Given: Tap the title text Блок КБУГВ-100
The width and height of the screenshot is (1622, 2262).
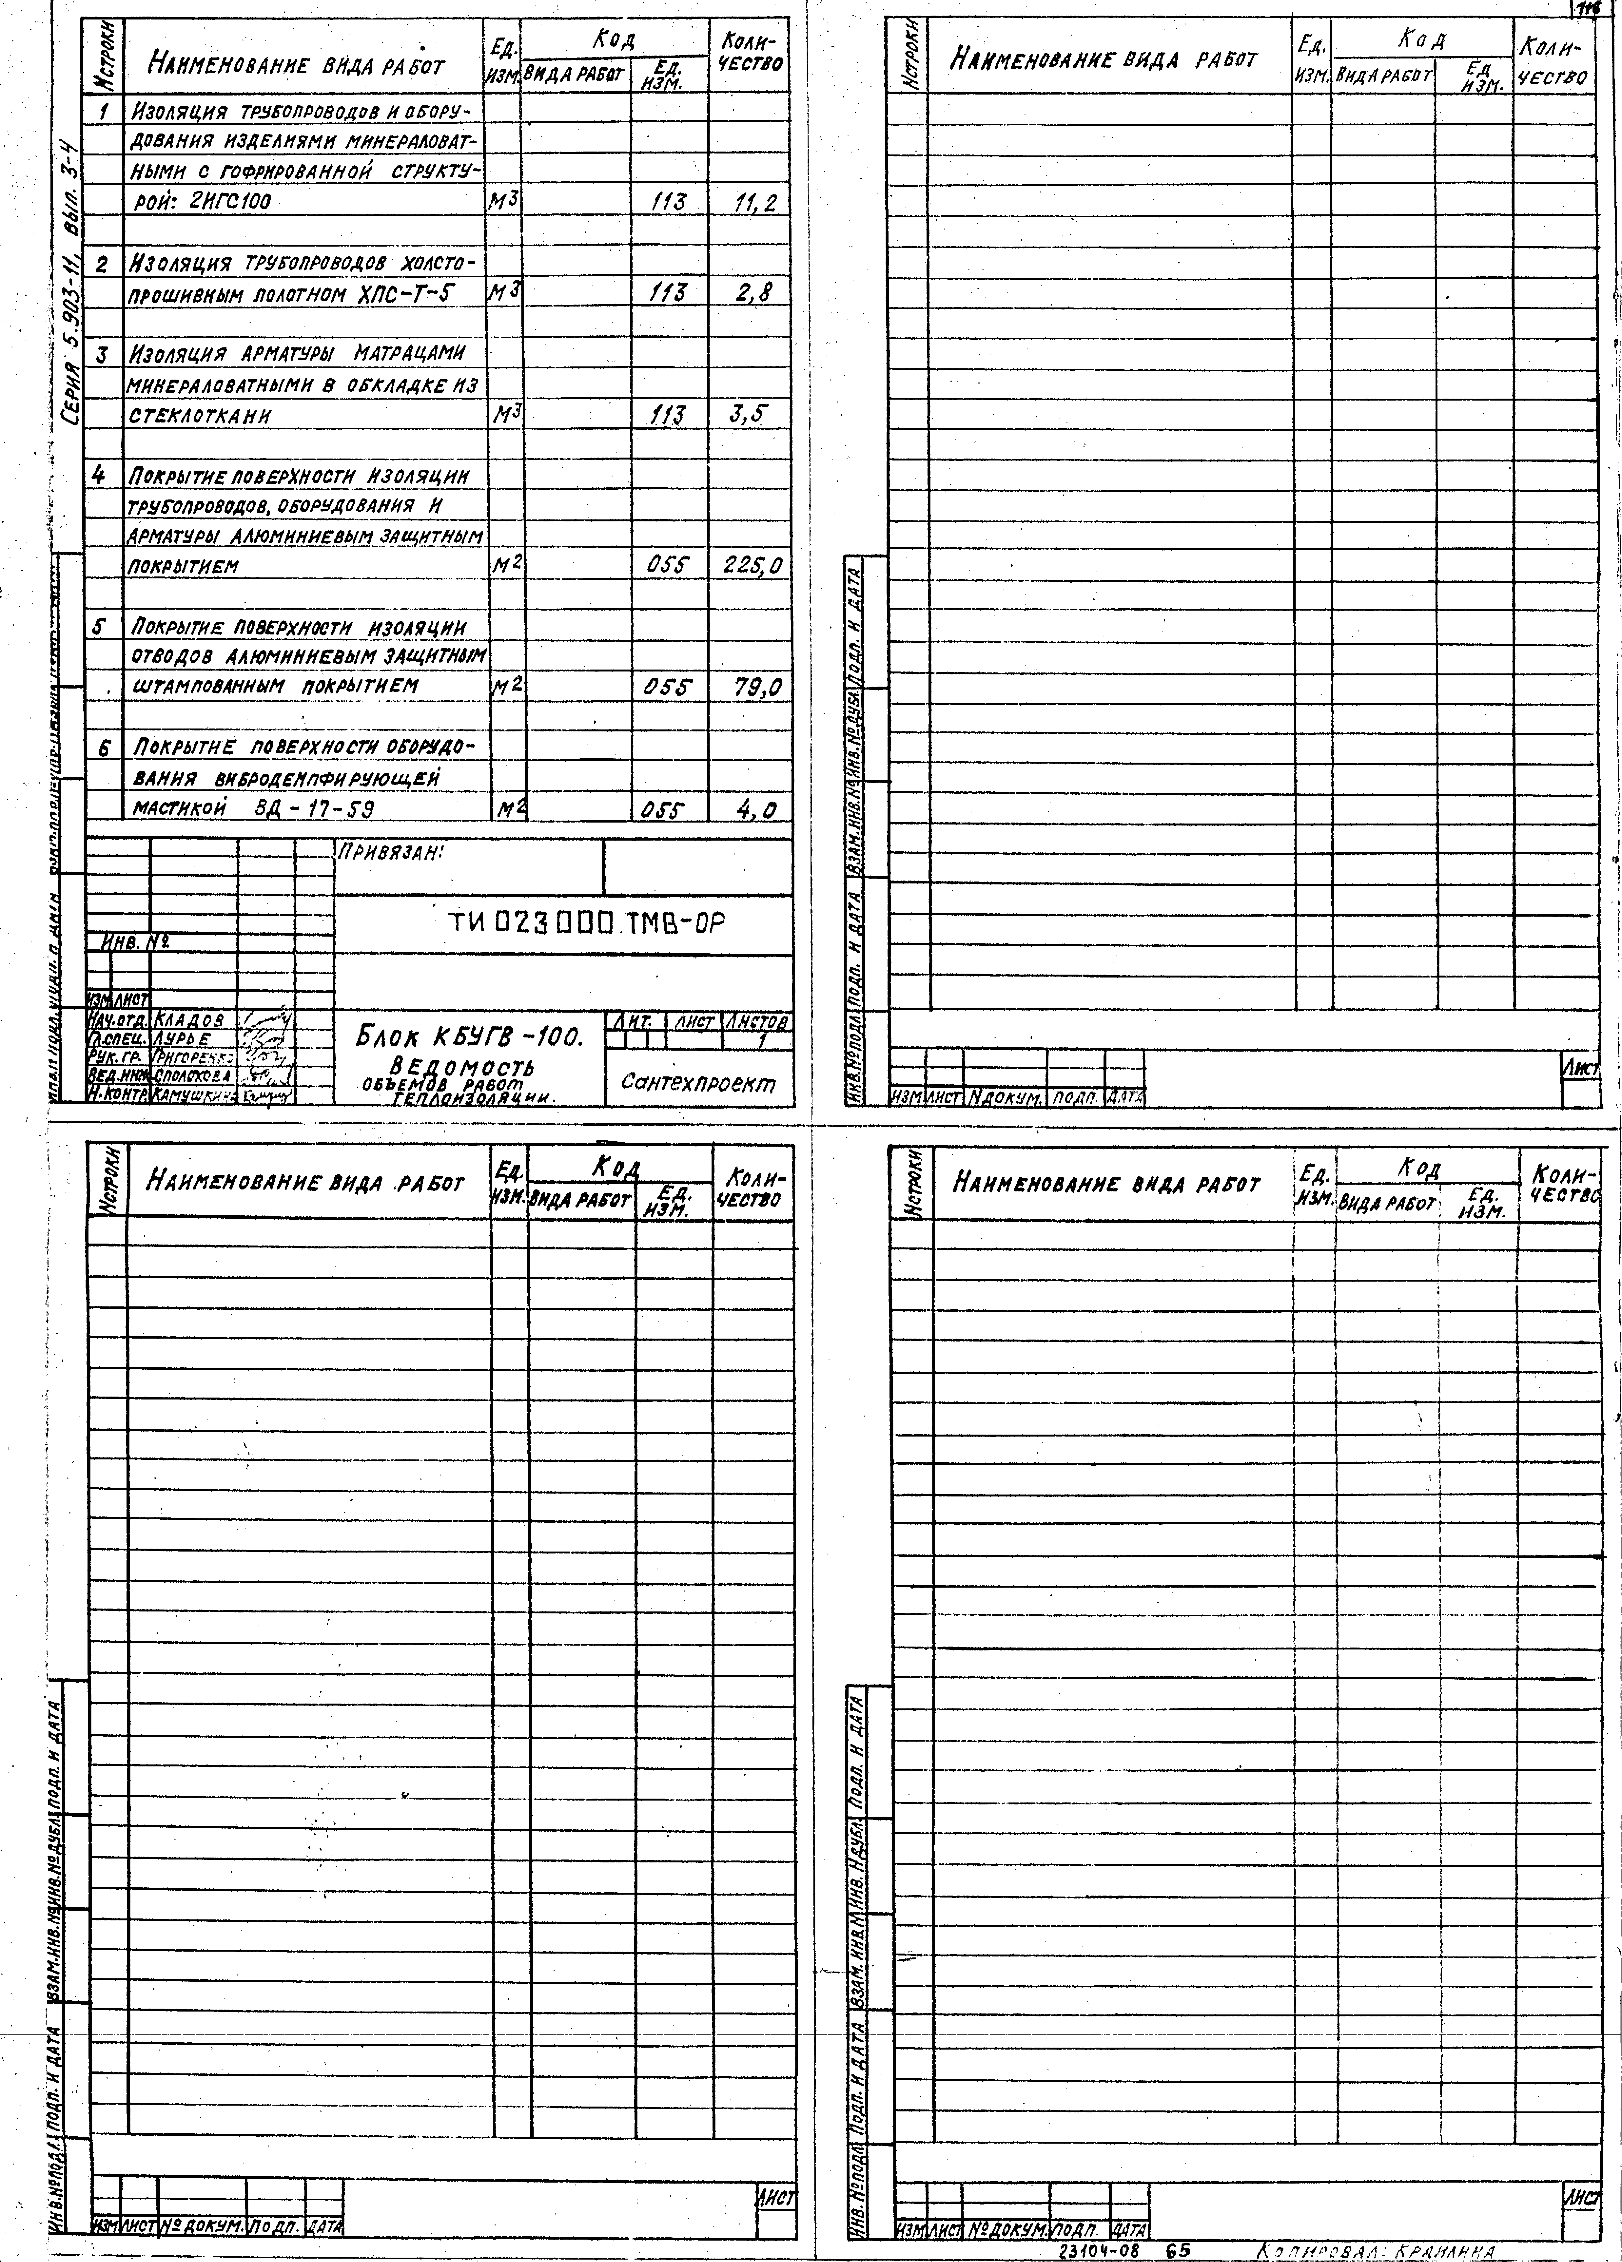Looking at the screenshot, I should coord(469,1037).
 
